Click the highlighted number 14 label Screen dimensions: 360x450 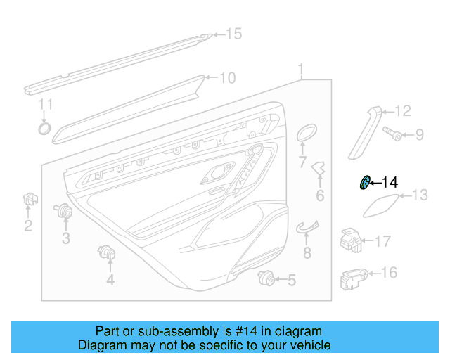[390, 183]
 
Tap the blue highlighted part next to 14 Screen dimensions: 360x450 [366, 183]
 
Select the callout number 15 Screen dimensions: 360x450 [233, 34]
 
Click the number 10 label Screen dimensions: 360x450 [228, 78]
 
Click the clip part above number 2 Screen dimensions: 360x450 [29, 200]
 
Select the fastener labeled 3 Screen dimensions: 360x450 [65, 210]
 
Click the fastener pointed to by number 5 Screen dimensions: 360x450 [266, 278]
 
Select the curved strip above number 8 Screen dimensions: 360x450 [307, 226]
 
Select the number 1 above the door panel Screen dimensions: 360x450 [301, 70]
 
